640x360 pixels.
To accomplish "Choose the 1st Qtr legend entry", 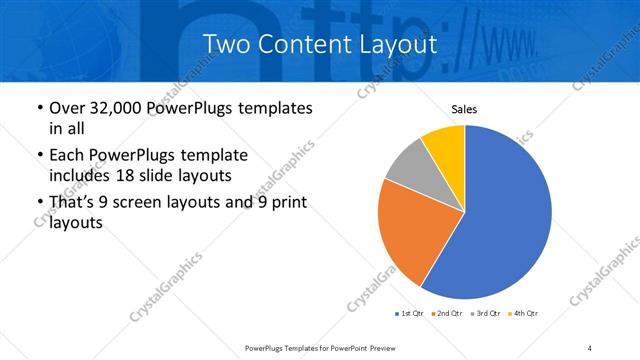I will (x=410, y=314).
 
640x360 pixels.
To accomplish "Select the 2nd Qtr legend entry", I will (x=447, y=314).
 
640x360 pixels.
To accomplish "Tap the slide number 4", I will (x=590, y=347).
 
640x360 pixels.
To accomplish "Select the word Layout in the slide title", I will (x=397, y=45).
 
